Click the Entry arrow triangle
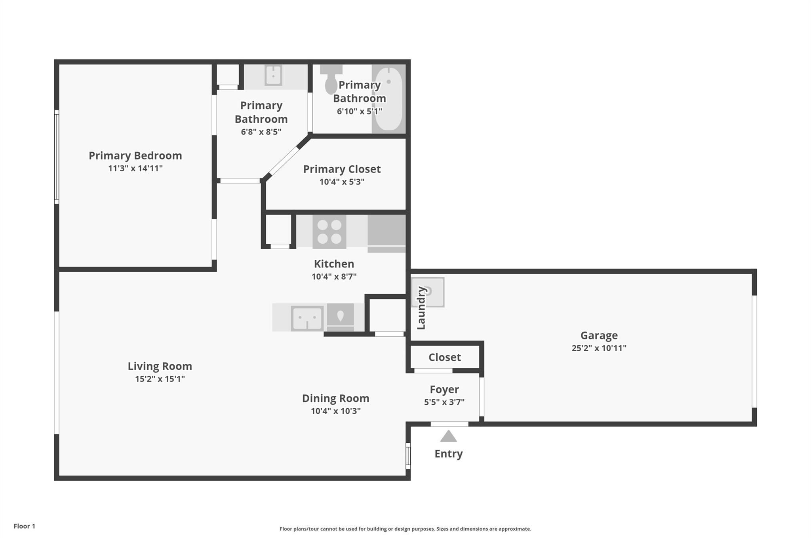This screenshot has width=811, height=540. coord(448,436)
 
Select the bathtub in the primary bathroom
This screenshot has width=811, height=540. coord(388,99)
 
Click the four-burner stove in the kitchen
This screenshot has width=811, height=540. coord(329,231)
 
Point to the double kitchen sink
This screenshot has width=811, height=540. coord(307,318)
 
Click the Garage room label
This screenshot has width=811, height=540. coord(599,335)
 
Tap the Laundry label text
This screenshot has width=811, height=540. coord(421,308)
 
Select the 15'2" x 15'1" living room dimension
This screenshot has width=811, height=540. coord(160,379)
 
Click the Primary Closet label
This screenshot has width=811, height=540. coord(342,169)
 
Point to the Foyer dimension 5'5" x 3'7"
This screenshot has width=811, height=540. coord(444,402)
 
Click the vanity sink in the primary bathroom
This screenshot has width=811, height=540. coord(273,75)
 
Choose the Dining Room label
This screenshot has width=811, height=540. coord(335,398)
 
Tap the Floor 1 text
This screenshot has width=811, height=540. coord(25,526)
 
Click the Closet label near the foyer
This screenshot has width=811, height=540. coord(445,357)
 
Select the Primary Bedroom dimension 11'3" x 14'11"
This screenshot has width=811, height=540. coord(135,169)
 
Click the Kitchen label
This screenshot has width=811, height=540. coord(334,264)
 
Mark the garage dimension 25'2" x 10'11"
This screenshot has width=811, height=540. coord(599,348)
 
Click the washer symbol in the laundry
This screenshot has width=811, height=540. coord(428,292)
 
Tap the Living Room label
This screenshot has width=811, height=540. coord(160,366)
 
